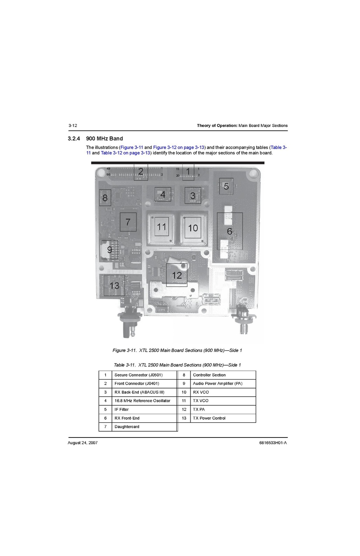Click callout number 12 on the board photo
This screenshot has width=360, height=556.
pos(177,275)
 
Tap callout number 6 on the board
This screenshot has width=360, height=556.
pos(230,231)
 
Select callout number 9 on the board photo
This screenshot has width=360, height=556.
pos(110,250)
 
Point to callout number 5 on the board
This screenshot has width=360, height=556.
pos(226,186)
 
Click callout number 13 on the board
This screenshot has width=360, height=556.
pos(114,286)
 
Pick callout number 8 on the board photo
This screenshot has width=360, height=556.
pos(105,198)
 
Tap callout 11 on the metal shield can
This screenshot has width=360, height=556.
pos(162,227)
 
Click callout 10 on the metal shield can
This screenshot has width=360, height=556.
pos(193,228)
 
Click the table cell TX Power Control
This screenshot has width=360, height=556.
pos(223,418)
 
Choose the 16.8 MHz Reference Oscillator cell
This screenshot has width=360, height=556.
pos(144,401)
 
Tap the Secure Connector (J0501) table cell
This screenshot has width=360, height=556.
pos(144,375)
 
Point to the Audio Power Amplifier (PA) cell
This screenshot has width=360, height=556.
pos(223,383)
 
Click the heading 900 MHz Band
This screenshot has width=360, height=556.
pos(105,138)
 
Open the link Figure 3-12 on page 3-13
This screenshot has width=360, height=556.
pos(178,147)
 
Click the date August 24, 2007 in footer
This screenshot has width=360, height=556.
pos(83,443)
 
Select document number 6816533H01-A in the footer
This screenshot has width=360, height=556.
pos(273,443)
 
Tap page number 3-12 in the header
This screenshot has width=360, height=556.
pos(73,125)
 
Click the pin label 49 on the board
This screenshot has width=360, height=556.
pos(108,169)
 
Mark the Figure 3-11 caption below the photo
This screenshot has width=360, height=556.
pos(177,350)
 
